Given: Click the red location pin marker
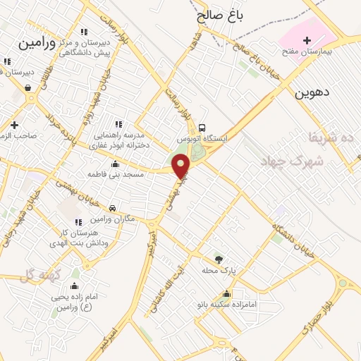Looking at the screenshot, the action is (182, 166).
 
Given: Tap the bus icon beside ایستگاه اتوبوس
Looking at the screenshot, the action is (203, 128).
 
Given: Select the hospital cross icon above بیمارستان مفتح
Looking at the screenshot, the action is (307, 41).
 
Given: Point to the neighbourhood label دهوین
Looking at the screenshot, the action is (313, 92).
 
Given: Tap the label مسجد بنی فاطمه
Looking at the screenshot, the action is (116, 173).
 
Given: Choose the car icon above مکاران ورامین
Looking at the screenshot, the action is (112, 209).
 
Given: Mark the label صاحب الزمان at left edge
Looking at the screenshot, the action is (16, 135).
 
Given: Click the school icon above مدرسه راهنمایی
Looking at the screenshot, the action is (118, 124).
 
